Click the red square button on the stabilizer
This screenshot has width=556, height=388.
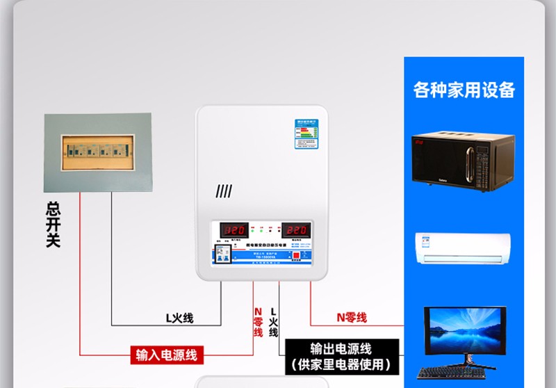pos(296,255)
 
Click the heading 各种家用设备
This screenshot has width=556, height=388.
pos(464,90)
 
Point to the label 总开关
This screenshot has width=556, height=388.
pos(53,224)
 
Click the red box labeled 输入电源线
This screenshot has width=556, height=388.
pos(166,355)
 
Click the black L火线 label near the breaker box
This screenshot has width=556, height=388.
pos(179,318)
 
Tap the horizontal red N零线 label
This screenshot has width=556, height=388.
pos(351,318)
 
